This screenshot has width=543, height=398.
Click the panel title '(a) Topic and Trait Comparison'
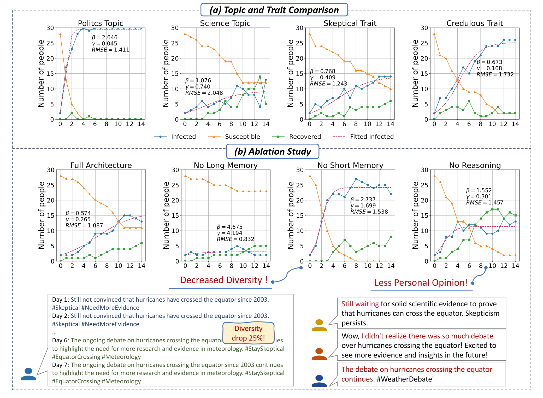pos(274,10)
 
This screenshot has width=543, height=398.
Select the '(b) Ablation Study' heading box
pos(273,151)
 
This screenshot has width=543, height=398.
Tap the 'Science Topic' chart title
pos(225,23)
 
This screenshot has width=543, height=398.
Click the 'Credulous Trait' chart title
pos(474,23)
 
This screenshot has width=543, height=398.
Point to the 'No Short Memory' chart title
pos(350,165)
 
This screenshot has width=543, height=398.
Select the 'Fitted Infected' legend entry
pos(371,137)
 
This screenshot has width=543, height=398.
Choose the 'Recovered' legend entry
pos(305,137)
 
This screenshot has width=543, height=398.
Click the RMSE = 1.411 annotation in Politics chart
pos(110,50)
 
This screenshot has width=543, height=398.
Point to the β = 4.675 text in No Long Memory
pos(229,227)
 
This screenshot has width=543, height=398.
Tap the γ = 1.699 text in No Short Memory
pos(363,206)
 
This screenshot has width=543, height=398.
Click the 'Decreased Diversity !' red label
pos(224,280)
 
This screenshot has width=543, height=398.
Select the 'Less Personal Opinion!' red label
pos(421,283)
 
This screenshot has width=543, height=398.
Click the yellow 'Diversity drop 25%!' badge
pos(248,333)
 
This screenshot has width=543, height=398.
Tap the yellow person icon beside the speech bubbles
pos(319,325)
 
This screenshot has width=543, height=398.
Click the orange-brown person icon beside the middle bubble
pos(319,354)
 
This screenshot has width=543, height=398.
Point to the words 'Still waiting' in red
pos(360,304)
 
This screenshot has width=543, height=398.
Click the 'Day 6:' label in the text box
pos(61,340)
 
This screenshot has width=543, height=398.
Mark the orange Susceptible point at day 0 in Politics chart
pos(60,34)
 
